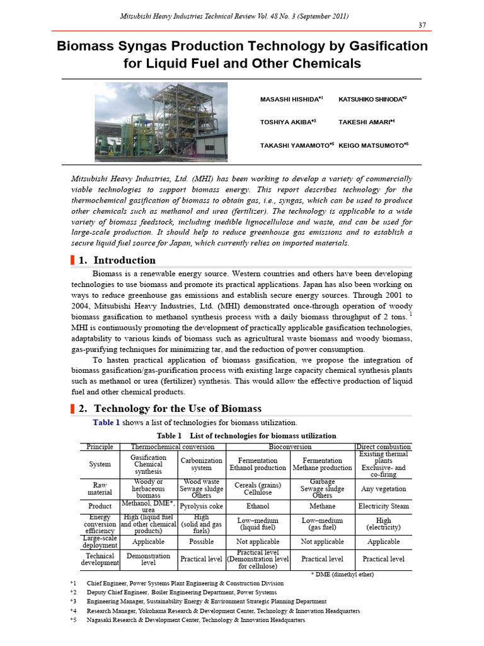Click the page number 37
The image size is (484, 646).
(x=423, y=25)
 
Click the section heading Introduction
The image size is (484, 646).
(x=125, y=260)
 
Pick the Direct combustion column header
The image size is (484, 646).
(x=383, y=447)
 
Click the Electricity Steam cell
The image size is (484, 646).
(x=383, y=506)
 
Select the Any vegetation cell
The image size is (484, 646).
(x=383, y=488)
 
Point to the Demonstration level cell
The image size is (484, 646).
(x=148, y=559)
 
